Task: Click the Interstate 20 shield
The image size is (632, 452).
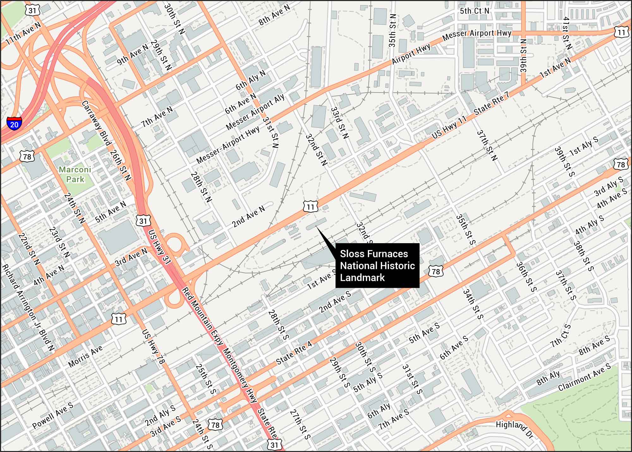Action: click(x=14, y=123)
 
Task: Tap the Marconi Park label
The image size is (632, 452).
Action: click(x=75, y=174)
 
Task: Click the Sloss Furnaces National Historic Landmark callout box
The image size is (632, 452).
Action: click(x=377, y=265)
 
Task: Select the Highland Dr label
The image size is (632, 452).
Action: click(x=514, y=429)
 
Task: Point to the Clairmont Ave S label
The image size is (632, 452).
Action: click(x=584, y=377)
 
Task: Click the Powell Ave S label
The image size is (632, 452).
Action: click(x=53, y=415)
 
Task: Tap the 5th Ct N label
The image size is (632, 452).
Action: click(x=474, y=11)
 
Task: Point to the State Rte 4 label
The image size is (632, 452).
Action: click(x=294, y=353)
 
